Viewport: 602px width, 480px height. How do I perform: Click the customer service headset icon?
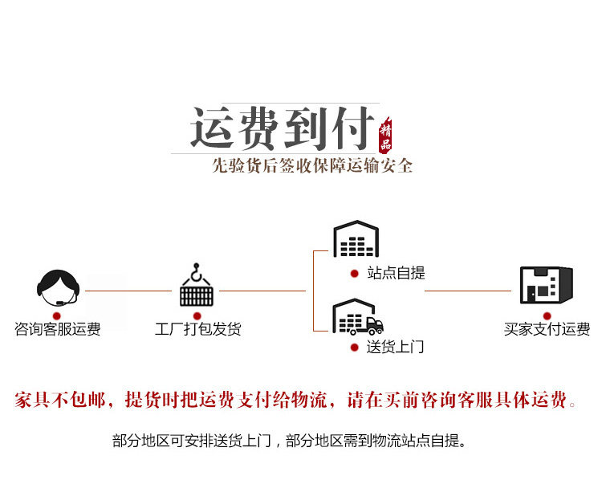(x=59, y=286)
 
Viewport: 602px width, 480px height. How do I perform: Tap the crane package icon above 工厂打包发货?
(x=197, y=286)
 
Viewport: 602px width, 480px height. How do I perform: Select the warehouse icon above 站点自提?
(x=356, y=239)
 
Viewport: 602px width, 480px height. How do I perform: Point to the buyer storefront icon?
(x=547, y=284)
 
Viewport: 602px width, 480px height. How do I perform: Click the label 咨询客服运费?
(x=58, y=329)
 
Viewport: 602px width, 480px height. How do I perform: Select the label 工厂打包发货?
(x=197, y=329)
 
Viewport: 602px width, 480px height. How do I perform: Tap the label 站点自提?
(x=395, y=273)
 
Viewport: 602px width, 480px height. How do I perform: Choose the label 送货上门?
(x=395, y=348)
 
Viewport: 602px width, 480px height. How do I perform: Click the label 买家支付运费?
(x=547, y=329)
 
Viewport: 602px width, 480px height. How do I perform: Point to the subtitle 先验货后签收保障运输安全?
(x=312, y=166)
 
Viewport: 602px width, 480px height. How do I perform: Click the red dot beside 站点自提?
(x=354, y=273)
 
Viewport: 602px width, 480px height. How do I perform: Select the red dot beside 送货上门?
(x=354, y=348)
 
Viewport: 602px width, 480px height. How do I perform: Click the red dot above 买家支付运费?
(x=547, y=315)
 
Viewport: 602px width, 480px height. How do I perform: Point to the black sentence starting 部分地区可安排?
(x=289, y=441)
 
